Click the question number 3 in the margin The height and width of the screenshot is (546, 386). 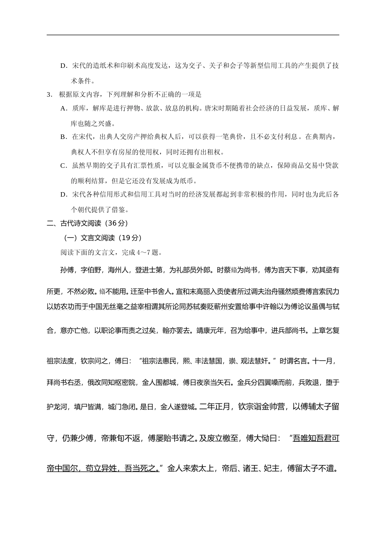pos(49,95)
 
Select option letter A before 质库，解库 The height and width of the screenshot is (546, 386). pos(63,108)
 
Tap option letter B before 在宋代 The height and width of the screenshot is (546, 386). pos(63,137)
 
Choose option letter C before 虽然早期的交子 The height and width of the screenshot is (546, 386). pos(63,166)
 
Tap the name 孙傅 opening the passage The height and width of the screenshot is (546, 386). pos(67,270)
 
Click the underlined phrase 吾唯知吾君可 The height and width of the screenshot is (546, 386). pos(316,438)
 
